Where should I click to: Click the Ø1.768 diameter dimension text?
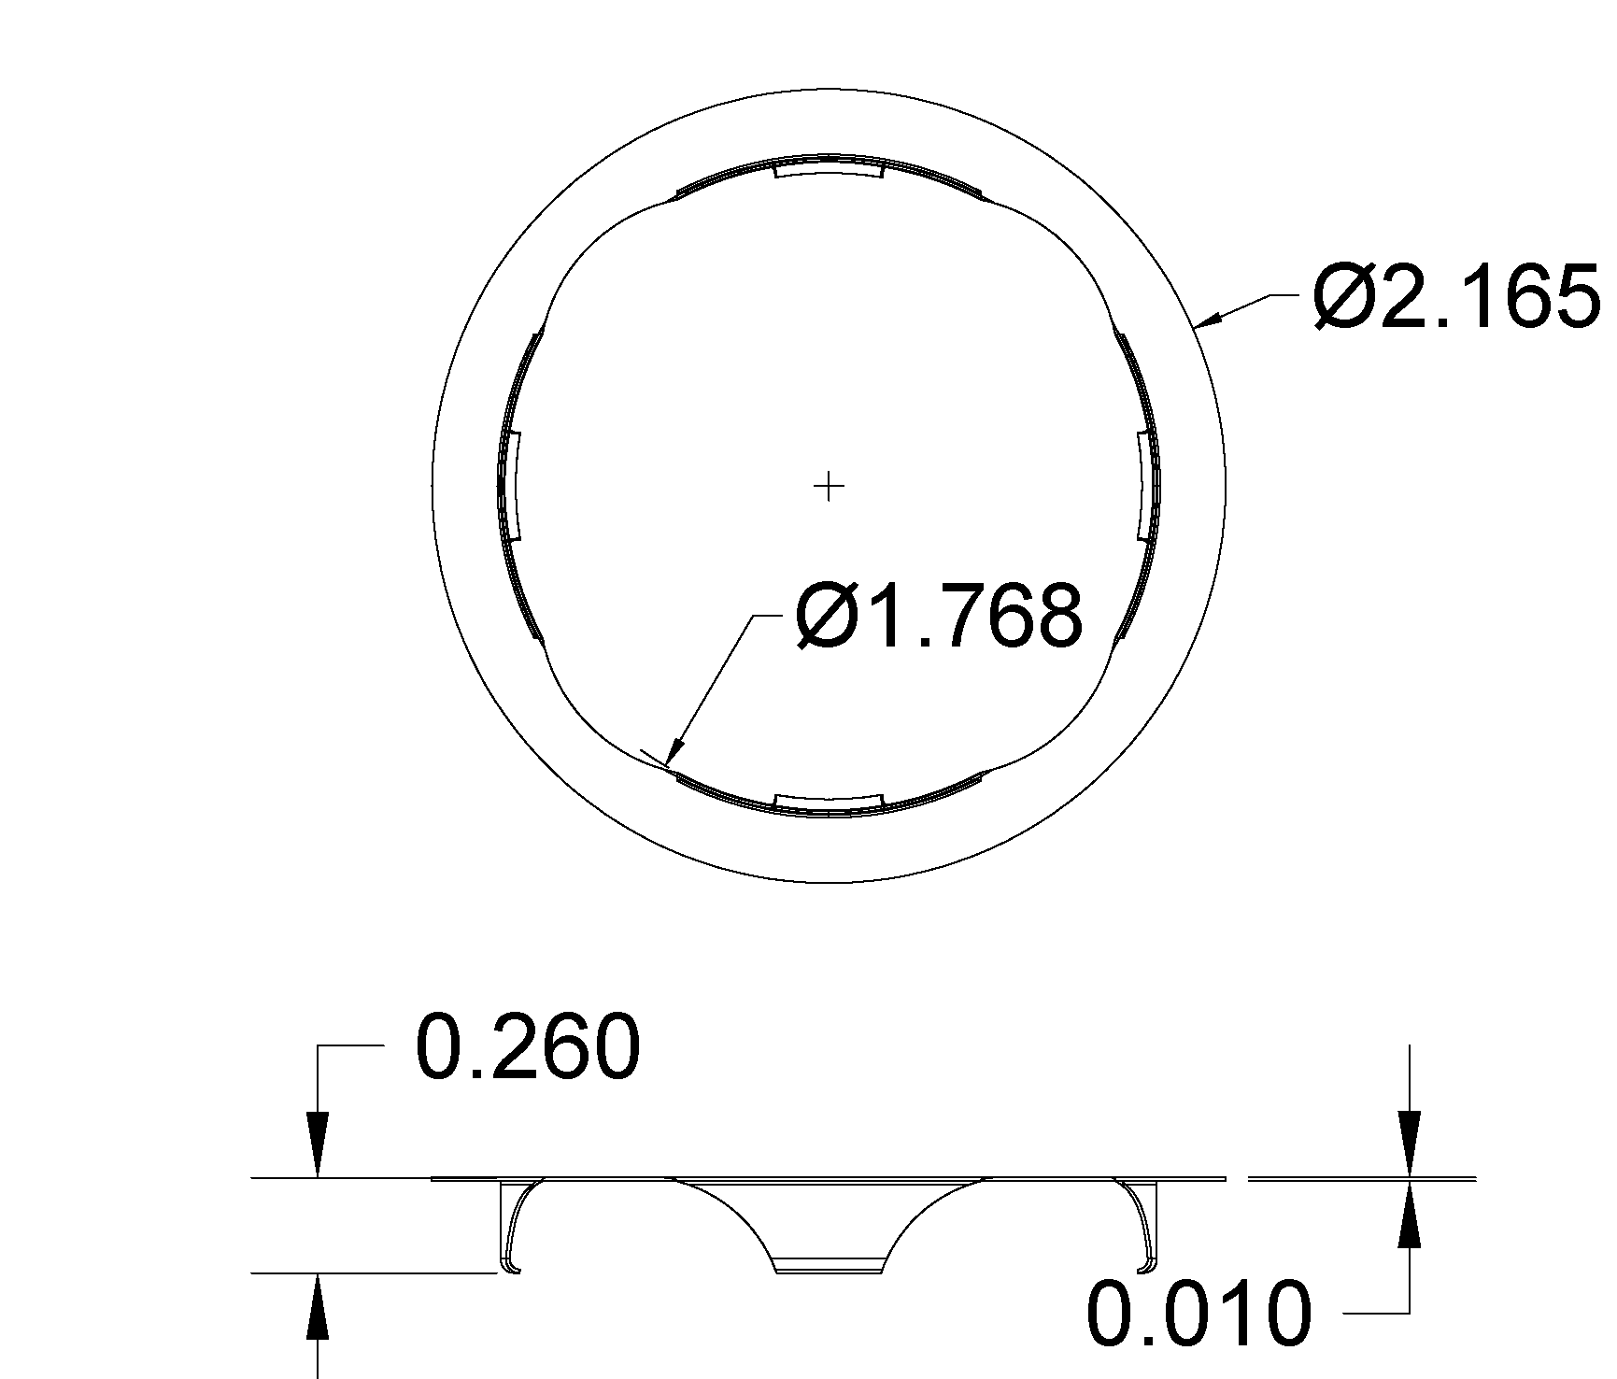click(x=939, y=617)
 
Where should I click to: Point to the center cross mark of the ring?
click(x=829, y=486)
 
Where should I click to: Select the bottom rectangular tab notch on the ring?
click(x=829, y=801)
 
